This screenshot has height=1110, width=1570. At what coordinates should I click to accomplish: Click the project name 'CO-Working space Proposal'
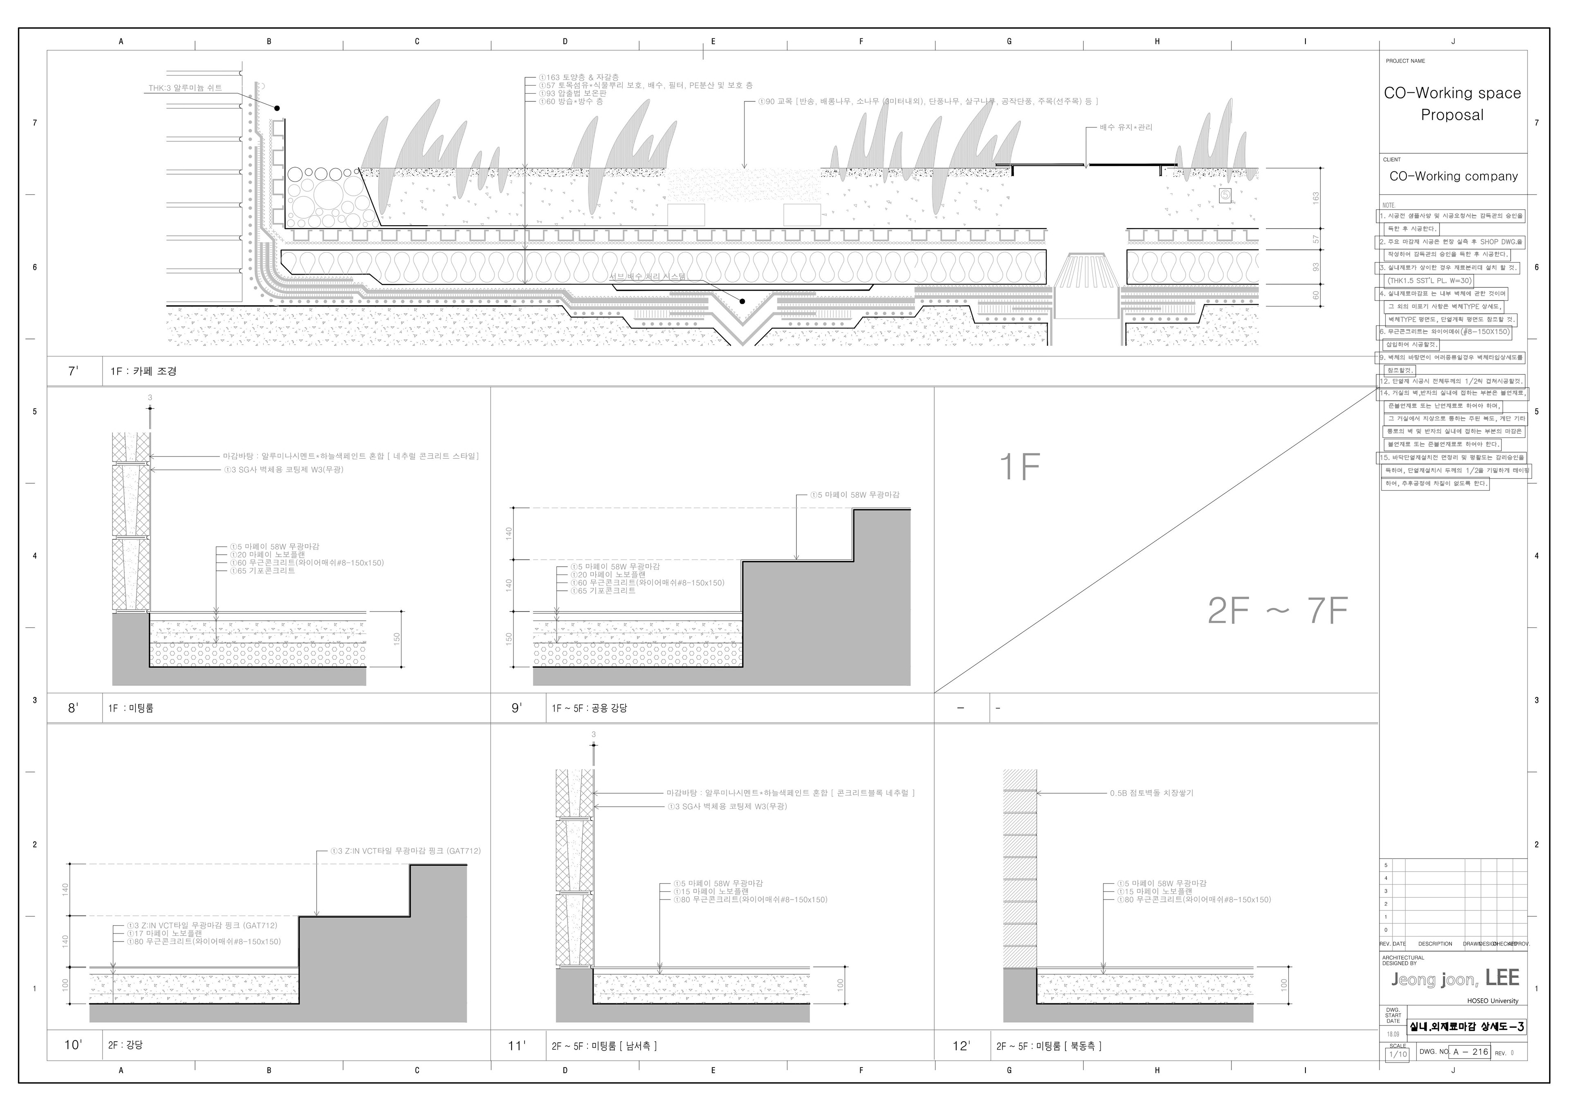[x=1452, y=104]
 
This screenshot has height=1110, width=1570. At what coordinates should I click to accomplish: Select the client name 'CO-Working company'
[x=1453, y=177]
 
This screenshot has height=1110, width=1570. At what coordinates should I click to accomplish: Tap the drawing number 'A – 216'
[x=1470, y=1052]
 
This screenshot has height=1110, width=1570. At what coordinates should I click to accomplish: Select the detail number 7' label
[x=73, y=371]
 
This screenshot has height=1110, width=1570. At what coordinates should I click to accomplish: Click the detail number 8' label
[x=73, y=708]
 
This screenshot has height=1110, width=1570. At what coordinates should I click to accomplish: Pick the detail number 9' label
[x=517, y=708]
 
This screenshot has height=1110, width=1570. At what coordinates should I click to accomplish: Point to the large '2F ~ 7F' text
[x=1277, y=611]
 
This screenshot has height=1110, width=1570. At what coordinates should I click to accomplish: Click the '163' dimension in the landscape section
[x=1315, y=197]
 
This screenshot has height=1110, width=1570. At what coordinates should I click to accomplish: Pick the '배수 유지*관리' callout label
[x=1126, y=127]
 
